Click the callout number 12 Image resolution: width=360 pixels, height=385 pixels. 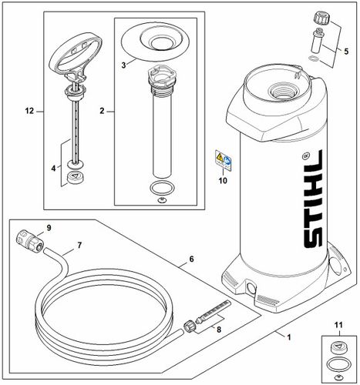coord(29,111)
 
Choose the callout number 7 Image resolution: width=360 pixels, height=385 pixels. coord(79,246)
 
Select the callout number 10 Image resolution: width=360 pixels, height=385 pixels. coord(222,182)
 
